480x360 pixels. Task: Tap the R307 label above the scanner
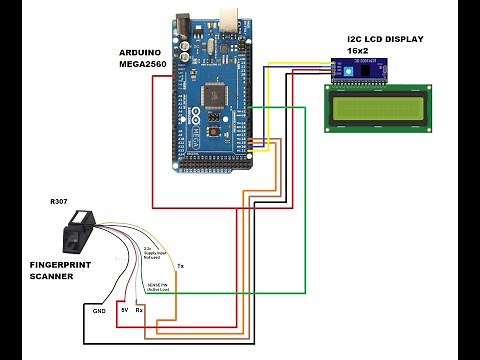[x=59, y=202]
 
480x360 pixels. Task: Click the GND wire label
[x=99, y=311]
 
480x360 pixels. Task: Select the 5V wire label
[x=124, y=311]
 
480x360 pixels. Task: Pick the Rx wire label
[x=140, y=311]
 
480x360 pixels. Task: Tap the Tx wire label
[x=180, y=267]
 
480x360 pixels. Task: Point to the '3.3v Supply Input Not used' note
[x=155, y=250]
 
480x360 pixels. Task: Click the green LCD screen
[x=377, y=107]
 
